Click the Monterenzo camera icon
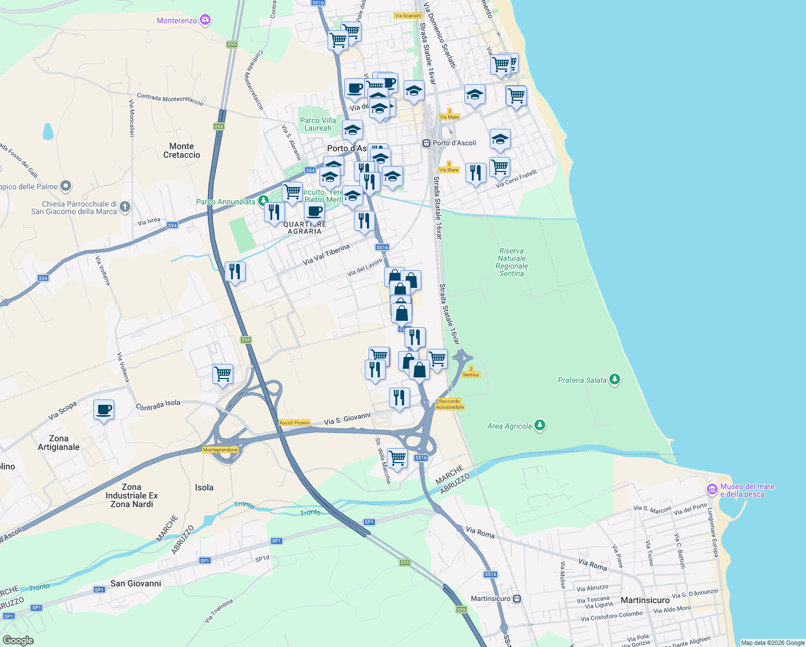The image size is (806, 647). pos(205,20)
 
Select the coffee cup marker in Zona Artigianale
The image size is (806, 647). pos(103,410)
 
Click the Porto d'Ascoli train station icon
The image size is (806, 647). pos(426,143)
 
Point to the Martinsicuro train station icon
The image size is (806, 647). pos(517,598)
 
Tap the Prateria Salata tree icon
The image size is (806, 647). pos(615,380)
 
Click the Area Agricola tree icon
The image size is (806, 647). pos(540,425)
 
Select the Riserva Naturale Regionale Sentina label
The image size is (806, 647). pos(512,262)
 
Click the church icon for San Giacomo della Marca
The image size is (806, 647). pos(125,207)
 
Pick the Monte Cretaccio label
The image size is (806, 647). pos(182,150)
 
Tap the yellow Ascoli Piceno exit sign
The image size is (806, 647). pos(295,423)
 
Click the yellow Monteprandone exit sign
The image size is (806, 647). pos(220,450)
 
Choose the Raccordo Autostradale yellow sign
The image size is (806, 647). pos(449,404)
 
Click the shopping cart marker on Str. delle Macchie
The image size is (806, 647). pos(397,459)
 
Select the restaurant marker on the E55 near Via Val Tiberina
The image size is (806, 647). pos(235,272)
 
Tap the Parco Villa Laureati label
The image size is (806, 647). pos(318,124)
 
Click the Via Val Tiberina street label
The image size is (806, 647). pos(326,254)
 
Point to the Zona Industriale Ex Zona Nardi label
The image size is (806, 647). pos(131,495)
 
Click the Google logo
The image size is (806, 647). pos(18,640)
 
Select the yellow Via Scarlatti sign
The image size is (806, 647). pos(408,16)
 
